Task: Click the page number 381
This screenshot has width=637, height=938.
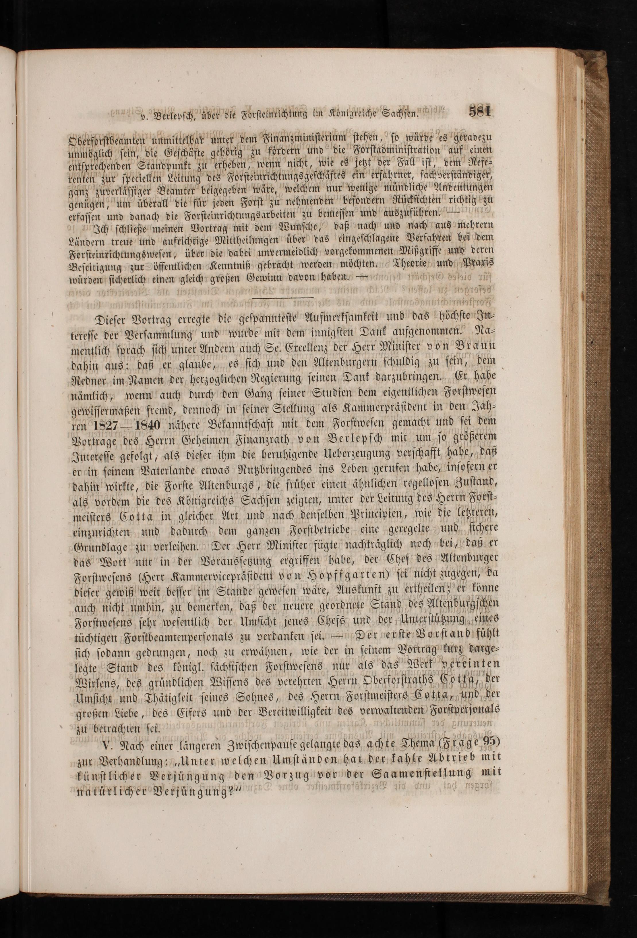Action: [480, 111]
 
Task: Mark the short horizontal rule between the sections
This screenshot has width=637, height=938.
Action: [283, 298]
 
